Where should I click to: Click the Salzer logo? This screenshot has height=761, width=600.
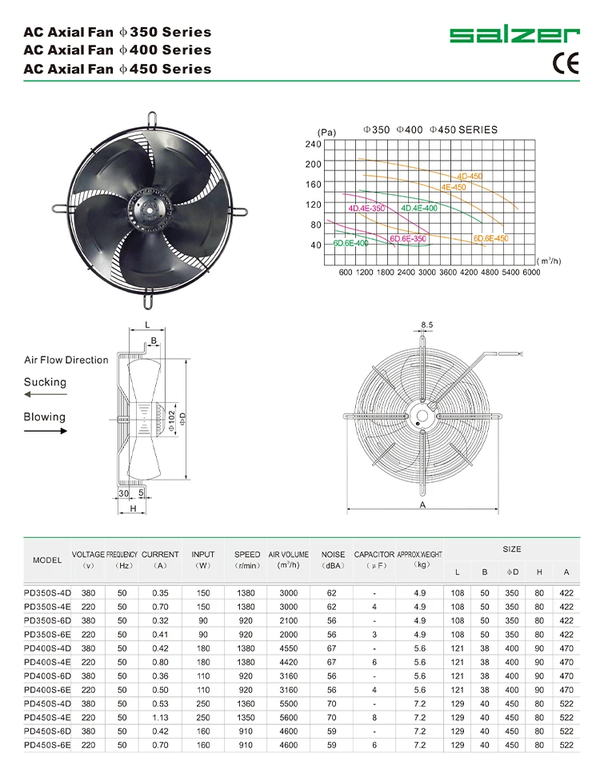coord(514,35)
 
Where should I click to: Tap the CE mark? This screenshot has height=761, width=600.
coord(565,64)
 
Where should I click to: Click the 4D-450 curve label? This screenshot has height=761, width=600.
coord(471,176)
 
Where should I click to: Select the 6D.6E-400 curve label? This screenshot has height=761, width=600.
coord(350,242)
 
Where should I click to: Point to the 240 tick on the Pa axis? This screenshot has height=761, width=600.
coord(312,144)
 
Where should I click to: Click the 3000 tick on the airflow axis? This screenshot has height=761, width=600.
coord(426,273)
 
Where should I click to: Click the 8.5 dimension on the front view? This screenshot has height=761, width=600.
coord(426,325)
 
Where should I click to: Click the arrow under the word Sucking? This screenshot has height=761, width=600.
coord(45,395)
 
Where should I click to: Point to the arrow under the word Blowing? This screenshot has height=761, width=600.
coord(45,430)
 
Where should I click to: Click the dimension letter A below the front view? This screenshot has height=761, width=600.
coord(422,505)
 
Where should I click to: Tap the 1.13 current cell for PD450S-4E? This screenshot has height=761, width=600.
coord(160,717)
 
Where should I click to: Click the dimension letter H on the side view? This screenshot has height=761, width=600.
coord(133,508)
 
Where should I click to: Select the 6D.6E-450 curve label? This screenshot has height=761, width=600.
coord(490,238)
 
